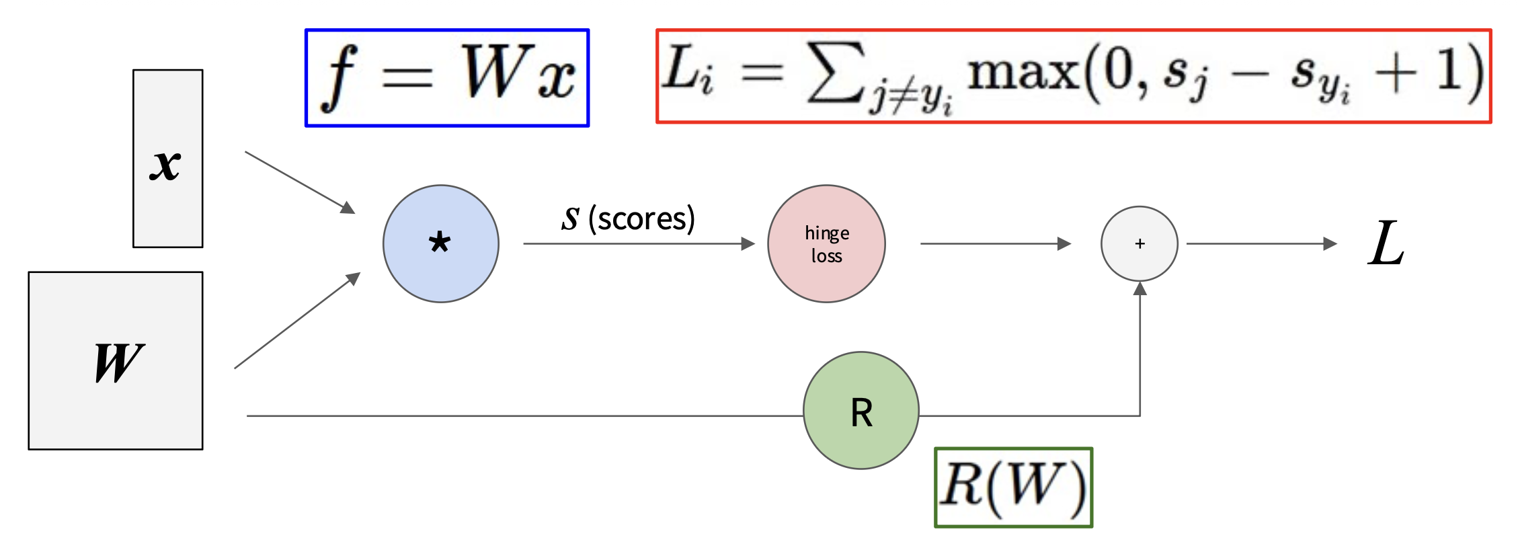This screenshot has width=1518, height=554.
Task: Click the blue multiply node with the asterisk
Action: coord(441,243)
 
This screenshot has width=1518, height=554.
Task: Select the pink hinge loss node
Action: coord(826,243)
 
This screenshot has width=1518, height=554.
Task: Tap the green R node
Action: coord(861,410)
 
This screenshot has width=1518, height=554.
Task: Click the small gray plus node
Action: coord(1140,243)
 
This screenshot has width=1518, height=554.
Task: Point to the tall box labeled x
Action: coord(168,159)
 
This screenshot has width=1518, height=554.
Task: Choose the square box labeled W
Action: coord(116,360)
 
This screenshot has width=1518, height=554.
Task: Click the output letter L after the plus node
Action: coord(1386,243)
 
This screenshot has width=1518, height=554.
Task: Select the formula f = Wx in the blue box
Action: coord(448,77)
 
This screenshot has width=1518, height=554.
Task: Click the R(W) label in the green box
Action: coord(1013,487)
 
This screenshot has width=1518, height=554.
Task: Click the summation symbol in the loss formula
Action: coord(834,73)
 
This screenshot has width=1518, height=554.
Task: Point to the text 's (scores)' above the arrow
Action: coord(628,218)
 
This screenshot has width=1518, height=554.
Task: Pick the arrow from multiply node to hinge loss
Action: coord(639,243)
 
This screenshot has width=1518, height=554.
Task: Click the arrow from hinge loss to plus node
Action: coord(995,243)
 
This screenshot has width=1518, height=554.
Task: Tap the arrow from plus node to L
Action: coord(1261,243)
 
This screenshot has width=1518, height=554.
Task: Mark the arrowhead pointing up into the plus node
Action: coord(1140,289)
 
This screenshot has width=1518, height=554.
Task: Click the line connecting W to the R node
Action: coord(524,416)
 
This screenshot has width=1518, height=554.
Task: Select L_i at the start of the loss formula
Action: coord(687,73)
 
